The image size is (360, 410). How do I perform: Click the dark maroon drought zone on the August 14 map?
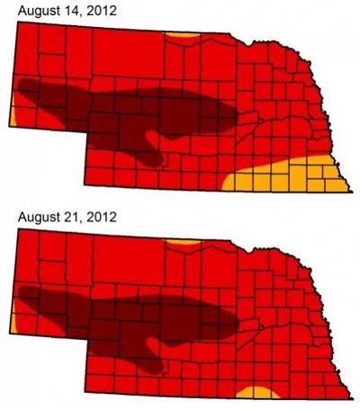(x=135, y=112)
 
